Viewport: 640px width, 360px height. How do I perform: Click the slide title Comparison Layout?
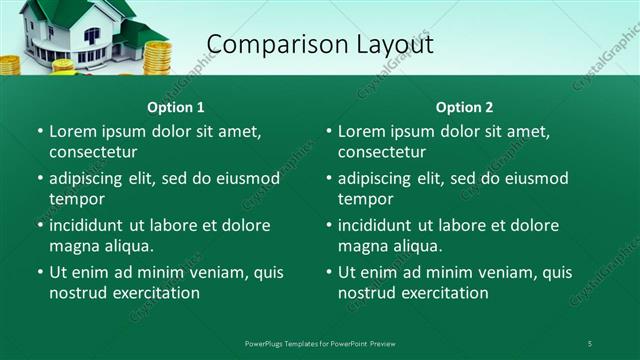[x=319, y=44]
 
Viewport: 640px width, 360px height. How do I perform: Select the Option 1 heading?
[x=176, y=107]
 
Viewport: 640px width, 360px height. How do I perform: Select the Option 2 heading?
[x=464, y=107]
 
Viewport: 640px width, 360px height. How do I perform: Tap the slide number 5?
[x=590, y=343]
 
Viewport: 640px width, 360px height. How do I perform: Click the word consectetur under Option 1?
[x=93, y=152]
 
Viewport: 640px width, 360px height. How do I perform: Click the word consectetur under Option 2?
[x=382, y=152]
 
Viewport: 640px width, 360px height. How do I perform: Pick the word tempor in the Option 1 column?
[x=76, y=199]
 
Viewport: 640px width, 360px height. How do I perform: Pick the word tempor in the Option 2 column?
[x=365, y=199]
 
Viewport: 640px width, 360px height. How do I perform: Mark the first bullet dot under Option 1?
[x=40, y=132]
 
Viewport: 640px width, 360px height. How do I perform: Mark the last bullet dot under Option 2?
[x=329, y=272]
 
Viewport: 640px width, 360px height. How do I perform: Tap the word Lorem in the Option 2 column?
[x=361, y=131]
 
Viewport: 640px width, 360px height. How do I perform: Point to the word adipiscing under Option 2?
[x=384, y=178]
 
